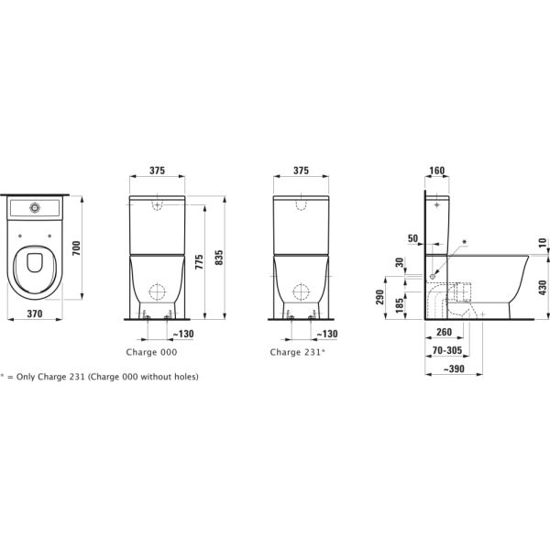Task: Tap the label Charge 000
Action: pyautogui.click(x=151, y=352)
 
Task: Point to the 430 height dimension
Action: pyautogui.click(x=542, y=287)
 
